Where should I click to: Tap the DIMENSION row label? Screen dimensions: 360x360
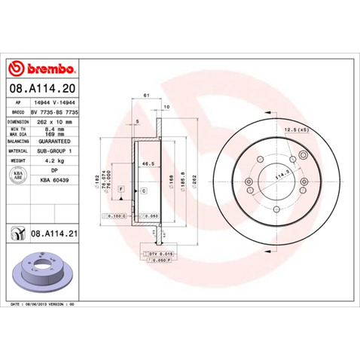point(17,121)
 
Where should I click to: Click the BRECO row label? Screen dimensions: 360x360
point(17,110)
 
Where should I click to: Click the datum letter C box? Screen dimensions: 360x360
point(143,192)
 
